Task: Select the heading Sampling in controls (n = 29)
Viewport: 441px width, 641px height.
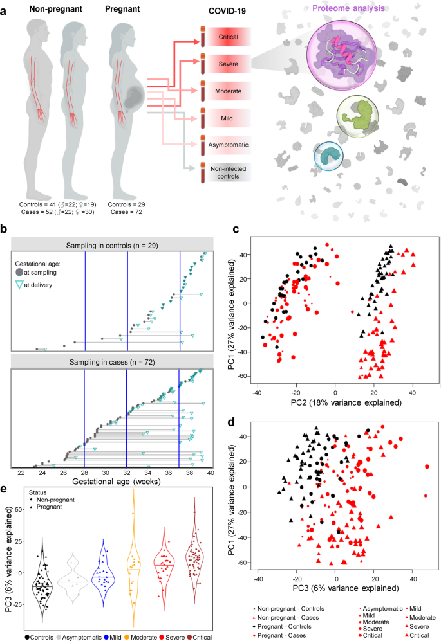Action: point(113,244)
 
